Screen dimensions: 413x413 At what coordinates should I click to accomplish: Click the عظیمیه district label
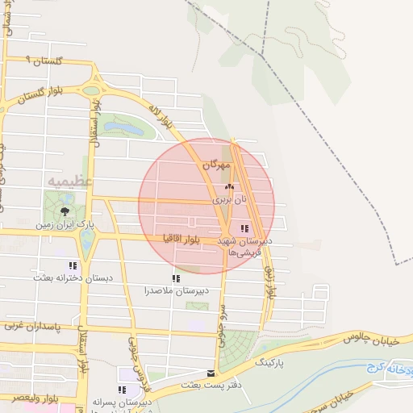[x=70, y=182]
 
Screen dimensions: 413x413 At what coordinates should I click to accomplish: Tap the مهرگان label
[x=216, y=165]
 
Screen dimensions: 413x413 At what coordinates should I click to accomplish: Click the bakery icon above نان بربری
[x=227, y=186]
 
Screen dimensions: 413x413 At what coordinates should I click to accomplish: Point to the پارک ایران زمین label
[x=65, y=224]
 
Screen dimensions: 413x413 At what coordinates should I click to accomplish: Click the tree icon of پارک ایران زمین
[x=65, y=211]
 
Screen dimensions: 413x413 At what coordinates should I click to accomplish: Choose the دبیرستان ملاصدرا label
[x=177, y=290]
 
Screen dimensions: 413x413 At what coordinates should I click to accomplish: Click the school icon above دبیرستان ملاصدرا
[x=175, y=278]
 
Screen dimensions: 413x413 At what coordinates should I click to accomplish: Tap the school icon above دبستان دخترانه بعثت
[x=73, y=265]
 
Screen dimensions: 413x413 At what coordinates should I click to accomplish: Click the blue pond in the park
[x=121, y=125]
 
